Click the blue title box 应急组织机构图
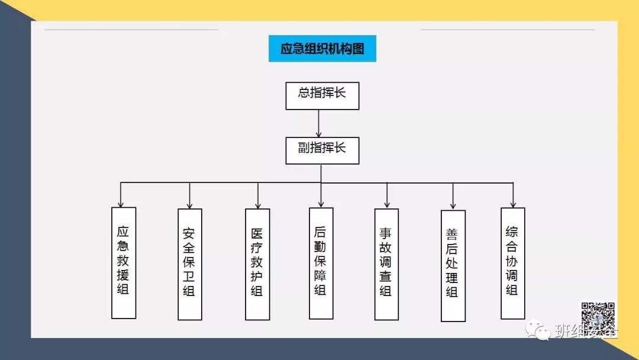pyautogui.click(x=322, y=49)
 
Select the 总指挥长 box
pyautogui.click(x=322, y=95)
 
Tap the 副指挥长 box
pyautogui.click(x=322, y=150)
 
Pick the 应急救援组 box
pyautogui.click(x=124, y=262)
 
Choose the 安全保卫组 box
pyautogui.click(x=189, y=264)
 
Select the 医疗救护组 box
pyautogui.click(x=257, y=264)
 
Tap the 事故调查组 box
pyautogui.click(x=386, y=264)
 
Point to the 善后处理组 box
pyautogui.click(x=453, y=265)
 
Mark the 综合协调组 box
pyautogui.click(x=512, y=263)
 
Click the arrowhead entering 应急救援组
pyautogui.click(x=121, y=203)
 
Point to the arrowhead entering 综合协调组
pyautogui.click(x=513, y=204)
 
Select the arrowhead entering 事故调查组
pyautogui.click(x=387, y=204)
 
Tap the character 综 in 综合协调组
pyautogui.click(x=512, y=232)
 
